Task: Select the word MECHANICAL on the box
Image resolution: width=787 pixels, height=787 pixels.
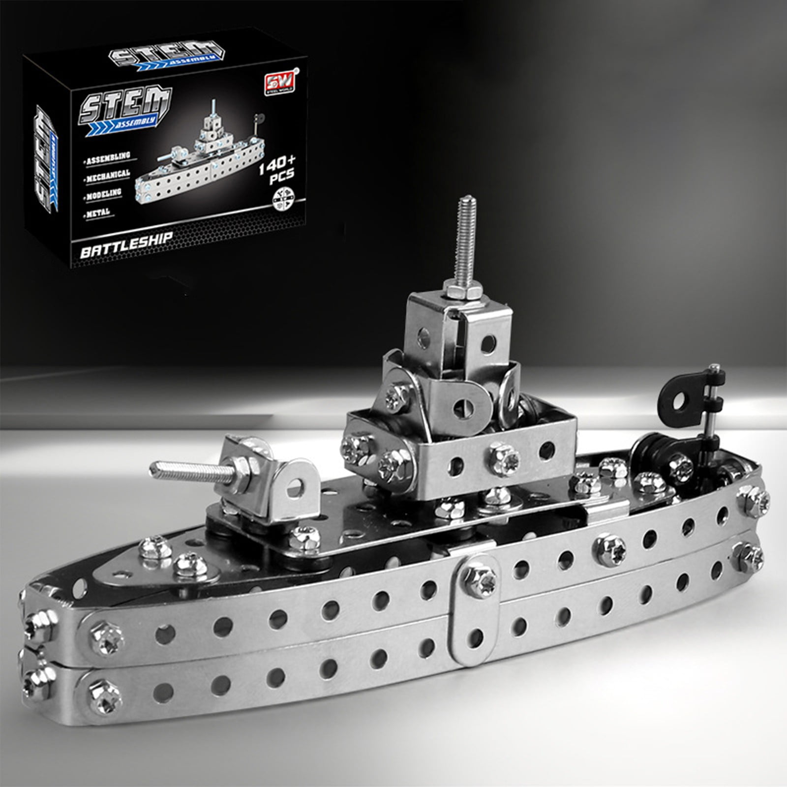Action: pyautogui.click(x=107, y=174)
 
